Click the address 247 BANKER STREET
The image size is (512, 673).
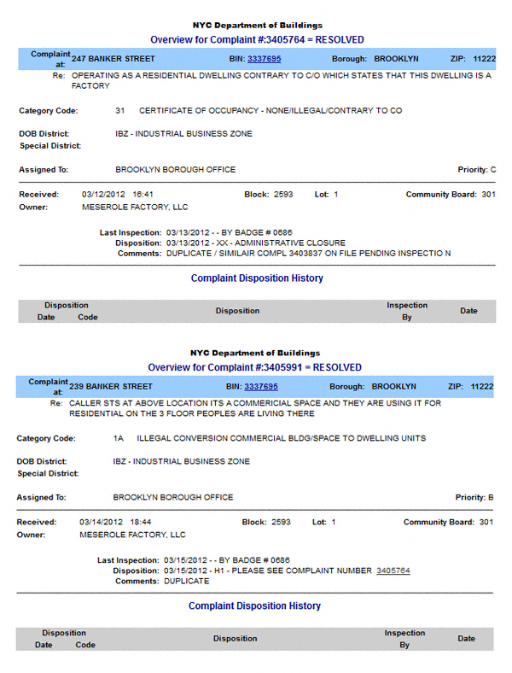pos(113,59)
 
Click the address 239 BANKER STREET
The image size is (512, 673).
pos(112,386)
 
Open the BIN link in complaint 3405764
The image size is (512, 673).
pos(264,59)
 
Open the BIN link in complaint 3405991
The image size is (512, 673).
pos(261,386)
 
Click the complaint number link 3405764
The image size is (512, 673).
pos(393,571)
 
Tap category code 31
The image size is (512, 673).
pos(120,111)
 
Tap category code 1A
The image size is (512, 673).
pos(119,438)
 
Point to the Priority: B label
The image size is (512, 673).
pos(474,497)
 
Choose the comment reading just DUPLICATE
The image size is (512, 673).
pos(185,581)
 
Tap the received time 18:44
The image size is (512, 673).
pos(138,522)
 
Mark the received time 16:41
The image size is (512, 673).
pos(141,195)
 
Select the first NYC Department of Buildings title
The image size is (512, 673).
pos(256,26)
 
